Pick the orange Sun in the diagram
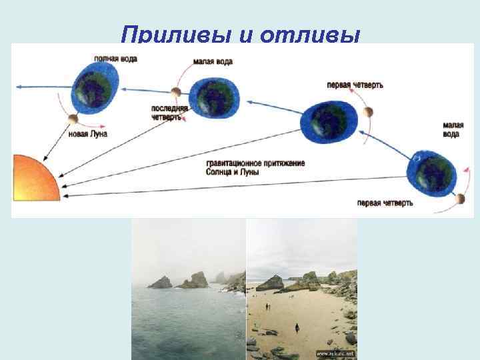click(34, 177)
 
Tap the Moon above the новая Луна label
click(73, 119)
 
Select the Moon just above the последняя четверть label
click(176, 92)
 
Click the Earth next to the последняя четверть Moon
click(213, 97)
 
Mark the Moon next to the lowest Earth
click(459, 199)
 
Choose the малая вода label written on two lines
click(451, 129)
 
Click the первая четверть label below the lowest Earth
click(385, 203)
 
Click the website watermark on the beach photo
click(335, 353)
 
